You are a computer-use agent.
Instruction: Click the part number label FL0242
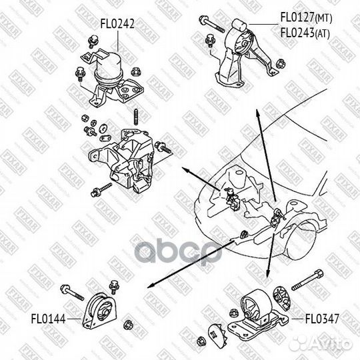pos(117,23)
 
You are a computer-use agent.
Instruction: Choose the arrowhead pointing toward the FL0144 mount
pos(149,285)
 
